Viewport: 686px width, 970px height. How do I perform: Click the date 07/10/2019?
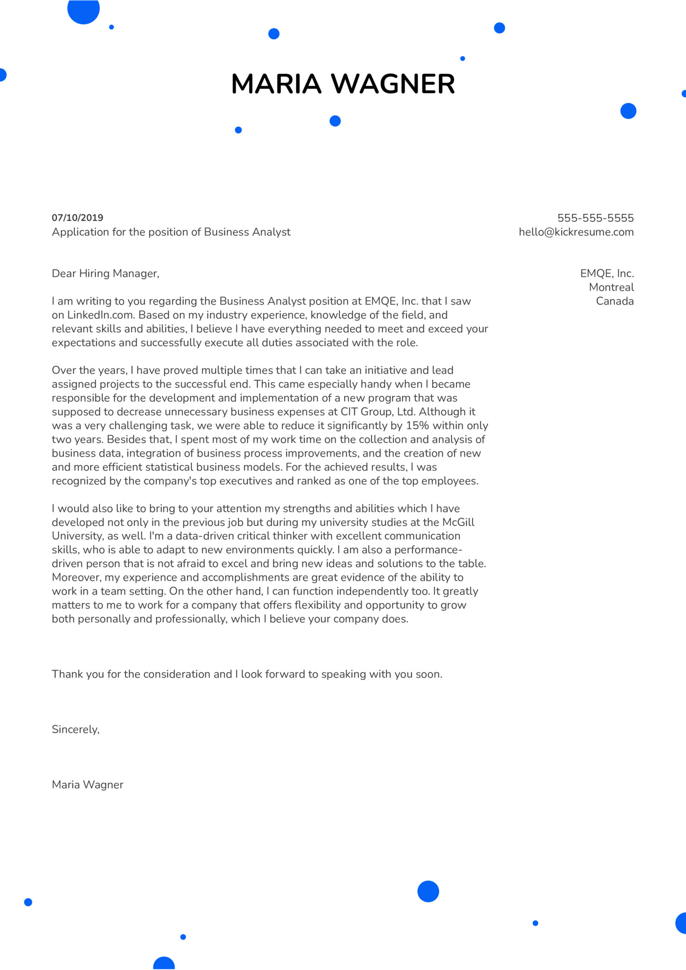(78, 218)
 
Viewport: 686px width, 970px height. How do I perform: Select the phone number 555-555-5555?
(595, 218)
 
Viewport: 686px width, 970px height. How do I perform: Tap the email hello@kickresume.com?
(576, 232)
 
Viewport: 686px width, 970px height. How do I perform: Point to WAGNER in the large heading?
(393, 84)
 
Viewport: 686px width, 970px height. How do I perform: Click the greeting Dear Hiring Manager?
(105, 274)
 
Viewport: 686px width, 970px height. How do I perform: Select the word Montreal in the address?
(611, 287)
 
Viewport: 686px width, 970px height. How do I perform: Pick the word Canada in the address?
(615, 301)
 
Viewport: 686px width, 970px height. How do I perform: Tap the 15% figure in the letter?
(417, 425)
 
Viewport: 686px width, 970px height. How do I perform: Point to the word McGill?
(458, 522)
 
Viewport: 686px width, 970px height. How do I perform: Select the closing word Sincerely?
(75, 729)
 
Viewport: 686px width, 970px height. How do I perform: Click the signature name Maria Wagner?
(87, 785)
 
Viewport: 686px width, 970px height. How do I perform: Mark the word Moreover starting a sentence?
(76, 577)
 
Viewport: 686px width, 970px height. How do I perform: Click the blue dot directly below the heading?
(335, 121)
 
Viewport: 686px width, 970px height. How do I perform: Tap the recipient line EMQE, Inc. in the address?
(607, 274)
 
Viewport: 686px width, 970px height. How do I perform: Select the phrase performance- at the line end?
(428, 550)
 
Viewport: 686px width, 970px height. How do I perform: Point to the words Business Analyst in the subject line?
(247, 232)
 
